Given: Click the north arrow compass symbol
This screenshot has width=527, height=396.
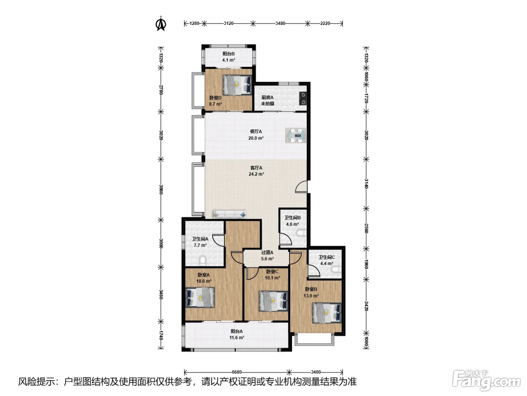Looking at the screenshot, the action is pyautogui.click(x=161, y=23).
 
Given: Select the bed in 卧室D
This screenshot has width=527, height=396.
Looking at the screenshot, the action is pyautogui.click(x=237, y=85).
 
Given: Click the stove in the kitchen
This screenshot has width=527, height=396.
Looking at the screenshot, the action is pyautogui.click(x=303, y=98).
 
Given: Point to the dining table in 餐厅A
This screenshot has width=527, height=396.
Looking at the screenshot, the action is pyautogui.click(x=296, y=136).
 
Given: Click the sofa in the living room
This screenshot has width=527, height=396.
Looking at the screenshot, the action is pyautogui.click(x=230, y=214).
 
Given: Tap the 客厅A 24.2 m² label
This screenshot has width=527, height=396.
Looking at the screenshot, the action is pyautogui.click(x=256, y=171).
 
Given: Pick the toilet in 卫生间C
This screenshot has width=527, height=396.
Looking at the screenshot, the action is pyautogui.click(x=336, y=270).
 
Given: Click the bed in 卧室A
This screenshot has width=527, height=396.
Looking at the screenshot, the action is pyautogui.click(x=200, y=297).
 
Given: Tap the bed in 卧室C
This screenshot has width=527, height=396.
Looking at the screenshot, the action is pyautogui.click(x=273, y=301).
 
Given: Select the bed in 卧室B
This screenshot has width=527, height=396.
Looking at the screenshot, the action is pyautogui.click(x=327, y=313).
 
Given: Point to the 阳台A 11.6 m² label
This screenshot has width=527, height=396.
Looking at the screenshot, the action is pyautogui.click(x=237, y=335).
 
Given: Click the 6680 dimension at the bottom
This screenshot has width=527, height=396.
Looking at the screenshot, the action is pyautogui.click(x=237, y=372).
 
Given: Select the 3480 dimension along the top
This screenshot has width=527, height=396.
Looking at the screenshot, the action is pyautogui.click(x=280, y=23).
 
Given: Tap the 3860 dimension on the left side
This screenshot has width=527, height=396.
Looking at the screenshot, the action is pyautogui.click(x=161, y=189).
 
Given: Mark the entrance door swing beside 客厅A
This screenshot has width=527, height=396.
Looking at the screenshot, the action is pyautogui.click(x=301, y=187).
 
